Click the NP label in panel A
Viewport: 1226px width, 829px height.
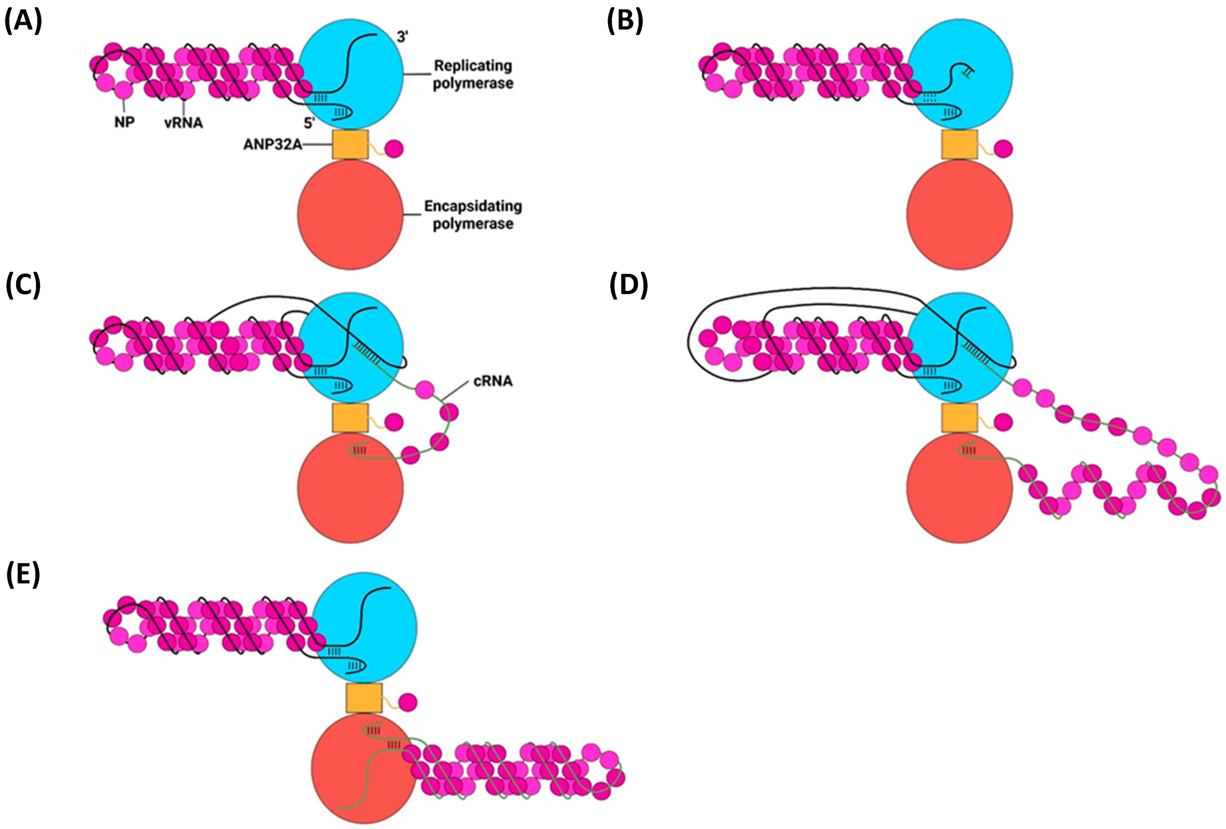point(125,122)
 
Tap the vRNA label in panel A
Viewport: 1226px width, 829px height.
point(184,123)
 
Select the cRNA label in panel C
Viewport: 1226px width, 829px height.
point(493,381)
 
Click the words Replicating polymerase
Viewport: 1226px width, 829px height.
point(473,74)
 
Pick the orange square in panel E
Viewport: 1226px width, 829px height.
point(364,698)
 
